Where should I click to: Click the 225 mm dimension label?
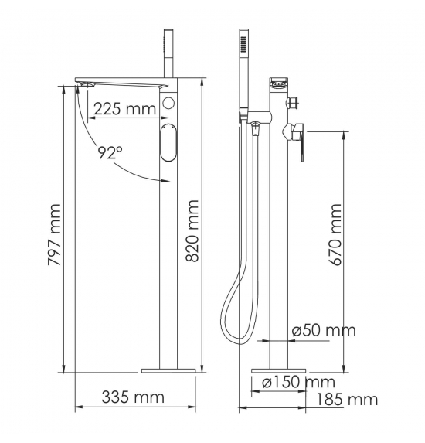point(124,109)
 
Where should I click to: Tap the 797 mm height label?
point(55,235)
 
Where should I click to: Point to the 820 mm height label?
point(193,231)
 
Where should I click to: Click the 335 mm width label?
point(133,397)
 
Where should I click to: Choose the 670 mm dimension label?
point(336,235)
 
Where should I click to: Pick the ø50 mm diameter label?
point(324,330)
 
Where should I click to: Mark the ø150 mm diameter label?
point(298,382)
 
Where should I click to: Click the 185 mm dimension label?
point(346,400)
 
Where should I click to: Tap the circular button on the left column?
point(168,103)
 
